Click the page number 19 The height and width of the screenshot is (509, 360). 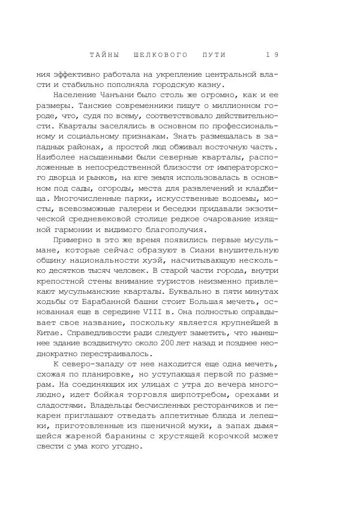pyautogui.click(x=272, y=55)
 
